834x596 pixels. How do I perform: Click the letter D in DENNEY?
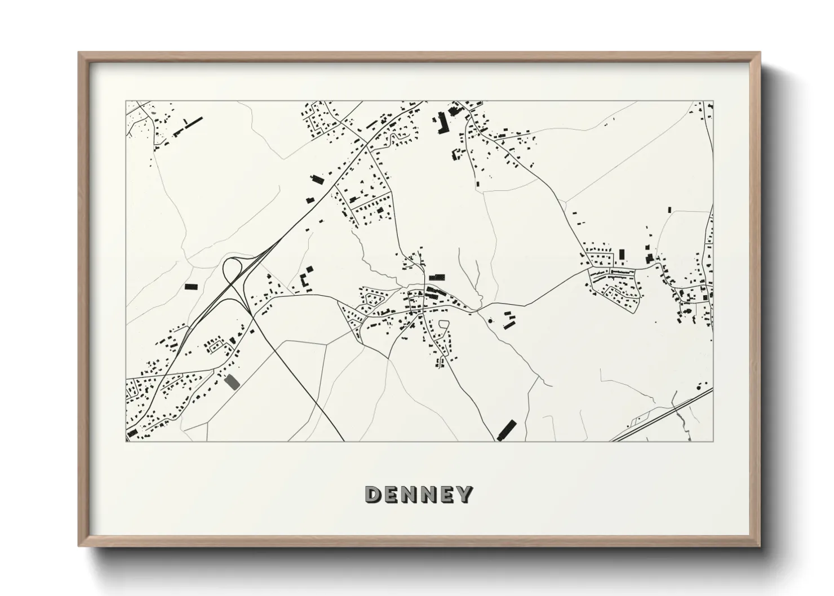click(374, 495)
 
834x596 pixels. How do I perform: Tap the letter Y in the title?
click(464, 495)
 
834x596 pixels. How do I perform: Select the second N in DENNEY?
click(427, 495)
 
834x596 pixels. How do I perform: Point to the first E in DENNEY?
click(392, 495)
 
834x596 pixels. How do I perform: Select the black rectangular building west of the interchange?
click(192, 286)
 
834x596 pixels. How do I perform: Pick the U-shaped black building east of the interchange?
click(305, 279)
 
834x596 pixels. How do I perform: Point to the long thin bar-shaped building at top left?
click(189, 127)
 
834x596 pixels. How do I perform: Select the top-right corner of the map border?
click(713, 101)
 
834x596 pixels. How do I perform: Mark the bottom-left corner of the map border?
click(126, 441)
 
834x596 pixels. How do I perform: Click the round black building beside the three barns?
click(490, 321)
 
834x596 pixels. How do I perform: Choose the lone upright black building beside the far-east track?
click(669, 210)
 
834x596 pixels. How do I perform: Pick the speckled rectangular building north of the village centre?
click(437, 277)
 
